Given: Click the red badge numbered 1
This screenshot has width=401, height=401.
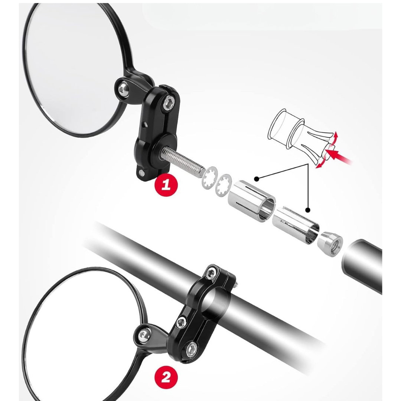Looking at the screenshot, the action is pyautogui.click(x=166, y=184).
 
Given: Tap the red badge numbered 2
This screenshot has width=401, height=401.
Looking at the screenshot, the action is pyautogui.click(x=166, y=377).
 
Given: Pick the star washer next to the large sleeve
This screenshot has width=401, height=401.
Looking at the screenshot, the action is pyautogui.click(x=224, y=185).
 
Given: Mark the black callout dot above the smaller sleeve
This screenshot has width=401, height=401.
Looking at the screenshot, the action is pyautogui.click(x=308, y=210).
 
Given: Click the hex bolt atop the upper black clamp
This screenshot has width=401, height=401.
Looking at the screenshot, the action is pyautogui.click(x=169, y=103).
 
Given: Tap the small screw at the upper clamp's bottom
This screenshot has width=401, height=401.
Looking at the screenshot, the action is pyautogui.click(x=141, y=174).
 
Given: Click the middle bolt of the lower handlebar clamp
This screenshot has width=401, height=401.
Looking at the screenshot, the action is pyautogui.click(x=182, y=323).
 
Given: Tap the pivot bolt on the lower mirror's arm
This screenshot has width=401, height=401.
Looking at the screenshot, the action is pyautogui.click(x=143, y=335).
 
